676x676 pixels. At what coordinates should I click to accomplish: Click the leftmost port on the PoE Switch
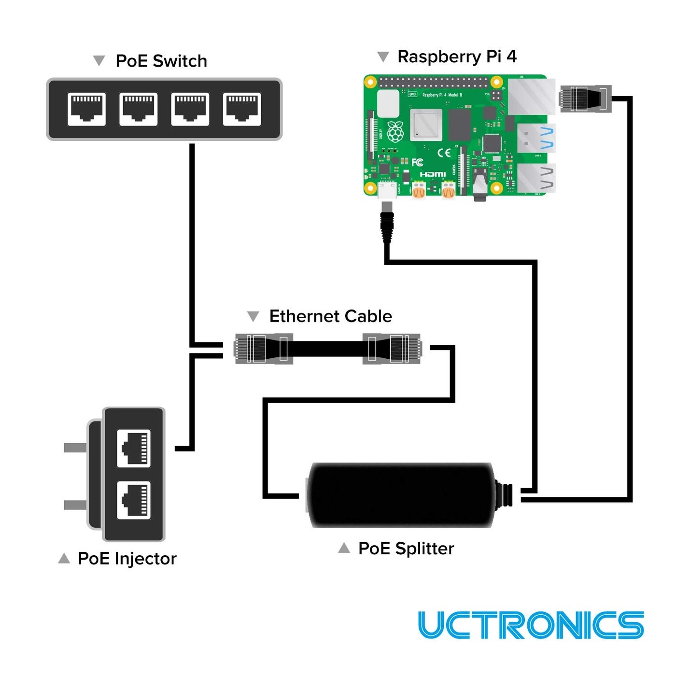(x=86, y=109)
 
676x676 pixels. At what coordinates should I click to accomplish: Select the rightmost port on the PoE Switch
(x=242, y=109)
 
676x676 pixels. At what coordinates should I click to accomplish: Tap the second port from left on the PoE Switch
(x=138, y=109)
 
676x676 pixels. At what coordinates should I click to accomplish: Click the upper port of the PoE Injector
(x=134, y=449)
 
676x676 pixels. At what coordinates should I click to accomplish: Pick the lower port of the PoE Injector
(x=134, y=500)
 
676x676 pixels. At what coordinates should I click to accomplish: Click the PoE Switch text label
(x=161, y=61)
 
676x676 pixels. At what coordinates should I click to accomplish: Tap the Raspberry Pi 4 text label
(x=457, y=57)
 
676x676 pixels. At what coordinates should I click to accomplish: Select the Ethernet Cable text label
(x=330, y=316)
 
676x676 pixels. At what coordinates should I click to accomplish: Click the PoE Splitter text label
(x=406, y=549)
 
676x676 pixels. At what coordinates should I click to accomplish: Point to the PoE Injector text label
(x=127, y=559)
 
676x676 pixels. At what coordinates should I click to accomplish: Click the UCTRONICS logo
(x=531, y=625)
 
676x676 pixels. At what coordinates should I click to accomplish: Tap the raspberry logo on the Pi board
(x=395, y=132)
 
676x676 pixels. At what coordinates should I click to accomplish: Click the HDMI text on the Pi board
(x=433, y=174)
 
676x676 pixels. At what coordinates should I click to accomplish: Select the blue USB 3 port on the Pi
(x=536, y=138)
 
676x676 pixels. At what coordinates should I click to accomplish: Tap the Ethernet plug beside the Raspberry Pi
(x=585, y=99)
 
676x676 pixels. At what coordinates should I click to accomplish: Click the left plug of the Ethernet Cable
(x=263, y=348)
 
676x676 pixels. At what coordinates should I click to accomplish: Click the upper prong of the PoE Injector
(x=75, y=448)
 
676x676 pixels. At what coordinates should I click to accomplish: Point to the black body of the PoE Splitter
(x=401, y=495)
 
